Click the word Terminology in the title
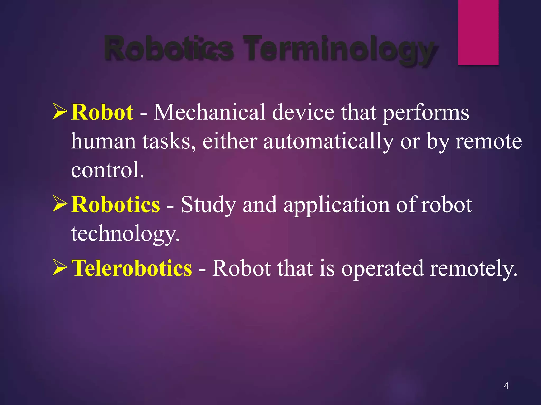(x=339, y=49)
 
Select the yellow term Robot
(x=102, y=112)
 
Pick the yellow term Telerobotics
(x=132, y=268)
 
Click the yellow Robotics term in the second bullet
(x=116, y=205)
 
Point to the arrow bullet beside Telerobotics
(x=60, y=267)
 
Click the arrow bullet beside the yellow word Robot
(x=60, y=112)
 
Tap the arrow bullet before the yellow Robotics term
(x=60, y=204)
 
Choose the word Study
(x=208, y=205)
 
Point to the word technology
(x=125, y=234)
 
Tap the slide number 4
(x=506, y=386)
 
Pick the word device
(x=303, y=112)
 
